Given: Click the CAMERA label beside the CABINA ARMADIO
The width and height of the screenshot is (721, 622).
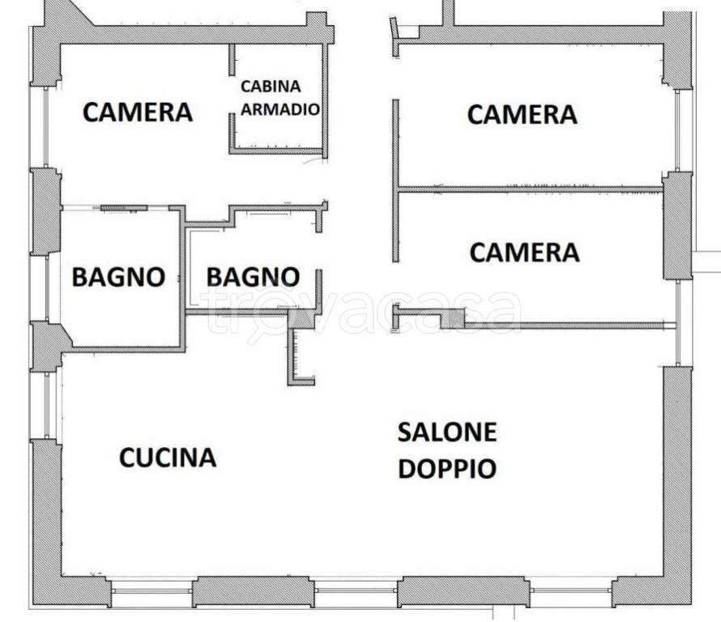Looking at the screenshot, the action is tap(138, 113).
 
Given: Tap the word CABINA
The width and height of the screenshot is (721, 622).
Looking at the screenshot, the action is tap(271, 87).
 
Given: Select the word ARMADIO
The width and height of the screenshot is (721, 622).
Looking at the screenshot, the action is tap(280, 109).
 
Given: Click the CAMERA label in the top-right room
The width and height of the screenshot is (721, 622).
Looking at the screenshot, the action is tap(523, 114).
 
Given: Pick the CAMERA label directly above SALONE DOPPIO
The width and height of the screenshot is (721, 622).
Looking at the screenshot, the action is tap(525, 253).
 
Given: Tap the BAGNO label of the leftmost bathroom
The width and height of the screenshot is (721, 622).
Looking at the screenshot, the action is tap(118, 277).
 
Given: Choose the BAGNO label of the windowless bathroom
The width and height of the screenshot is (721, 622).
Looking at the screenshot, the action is tap(253, 277).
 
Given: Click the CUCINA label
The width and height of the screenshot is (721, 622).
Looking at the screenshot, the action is tap(168, 458).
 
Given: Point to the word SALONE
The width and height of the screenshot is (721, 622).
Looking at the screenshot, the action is tap(447, 432).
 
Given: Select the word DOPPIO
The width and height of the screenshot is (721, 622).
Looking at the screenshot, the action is tap(447, 468).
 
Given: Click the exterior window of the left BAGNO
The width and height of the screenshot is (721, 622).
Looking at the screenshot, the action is tap(47, 288).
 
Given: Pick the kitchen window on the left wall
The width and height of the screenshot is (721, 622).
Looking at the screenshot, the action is tap(47, 405).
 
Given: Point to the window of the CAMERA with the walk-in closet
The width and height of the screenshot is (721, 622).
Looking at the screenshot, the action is tap(46, 127).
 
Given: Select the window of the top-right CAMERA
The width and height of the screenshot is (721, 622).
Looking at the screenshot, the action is tap(677, 131).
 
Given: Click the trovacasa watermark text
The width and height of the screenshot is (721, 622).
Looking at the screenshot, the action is tap(363, 313).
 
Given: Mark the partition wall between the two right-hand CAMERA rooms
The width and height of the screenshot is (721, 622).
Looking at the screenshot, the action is tap(530, 190).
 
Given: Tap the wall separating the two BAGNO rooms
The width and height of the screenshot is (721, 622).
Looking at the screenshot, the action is tap(182, 280).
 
